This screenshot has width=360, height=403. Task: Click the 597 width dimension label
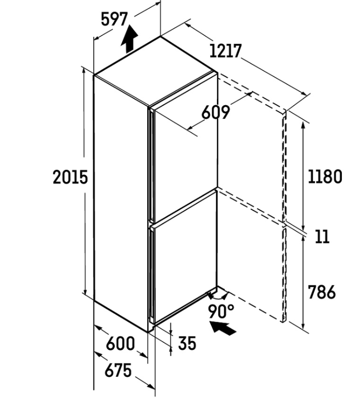pos(114,20)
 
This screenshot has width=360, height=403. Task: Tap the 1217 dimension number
pos(226,51)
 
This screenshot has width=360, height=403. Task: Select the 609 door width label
pos(215,112)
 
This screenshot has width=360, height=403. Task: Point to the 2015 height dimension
pos(70,177)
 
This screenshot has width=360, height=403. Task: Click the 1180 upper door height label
pos(325,176)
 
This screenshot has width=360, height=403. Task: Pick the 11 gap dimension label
pos(322,237)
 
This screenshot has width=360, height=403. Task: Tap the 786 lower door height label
pos(322,292)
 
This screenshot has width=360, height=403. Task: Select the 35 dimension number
pos(187,343)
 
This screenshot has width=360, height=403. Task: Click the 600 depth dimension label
pos(120,343)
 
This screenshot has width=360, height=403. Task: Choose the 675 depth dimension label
pos(118,370)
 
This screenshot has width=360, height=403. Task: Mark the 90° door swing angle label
pos(221,311)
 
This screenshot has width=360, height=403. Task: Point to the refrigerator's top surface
pos(156,71)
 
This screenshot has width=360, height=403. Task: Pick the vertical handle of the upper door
pos(152,164)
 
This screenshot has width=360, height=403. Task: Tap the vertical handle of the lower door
pos(152,275)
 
